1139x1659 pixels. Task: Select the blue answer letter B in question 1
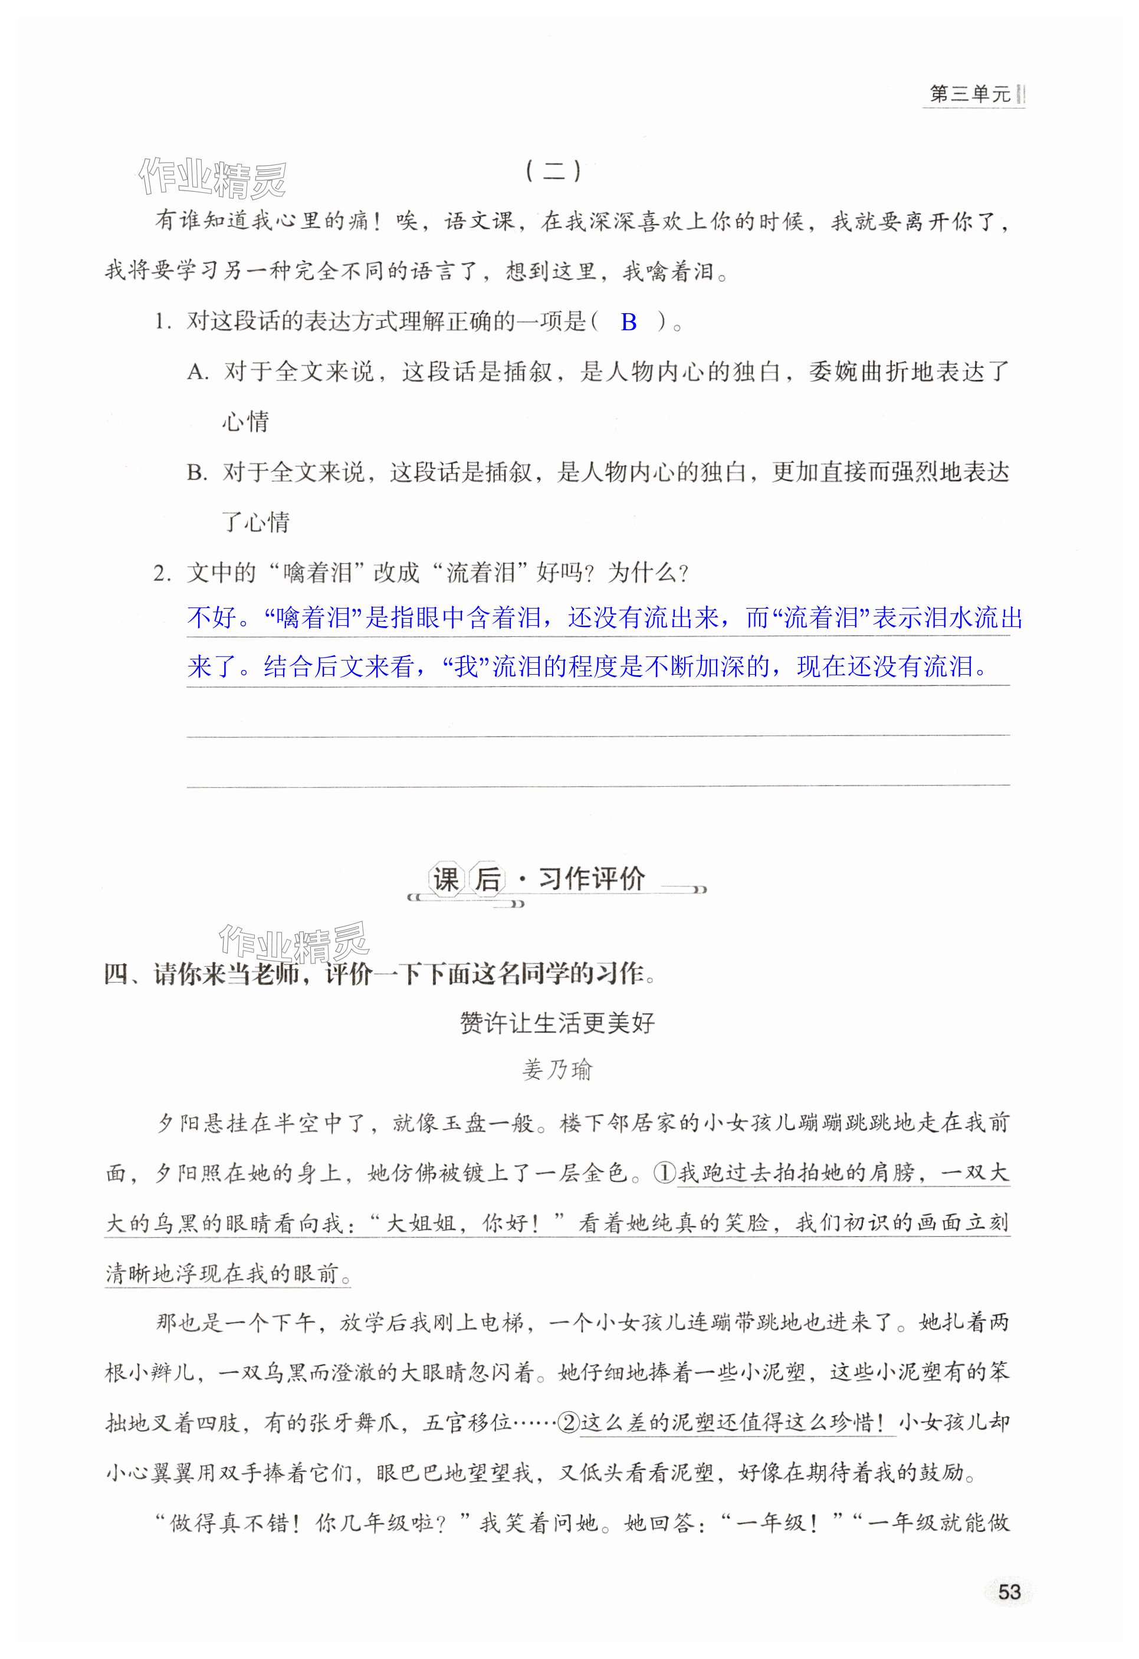point(628,323)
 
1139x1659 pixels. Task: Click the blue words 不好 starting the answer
point(211,617)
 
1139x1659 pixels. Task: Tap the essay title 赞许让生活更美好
point(557,1023)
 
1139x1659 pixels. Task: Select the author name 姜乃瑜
point(557,1069)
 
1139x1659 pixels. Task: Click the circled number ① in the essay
point(664,1174)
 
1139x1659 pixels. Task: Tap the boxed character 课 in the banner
point(445,879)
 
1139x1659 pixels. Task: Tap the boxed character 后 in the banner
point(488,879)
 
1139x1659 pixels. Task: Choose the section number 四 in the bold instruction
point(116,974)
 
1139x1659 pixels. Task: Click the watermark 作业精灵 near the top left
point(213,177)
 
